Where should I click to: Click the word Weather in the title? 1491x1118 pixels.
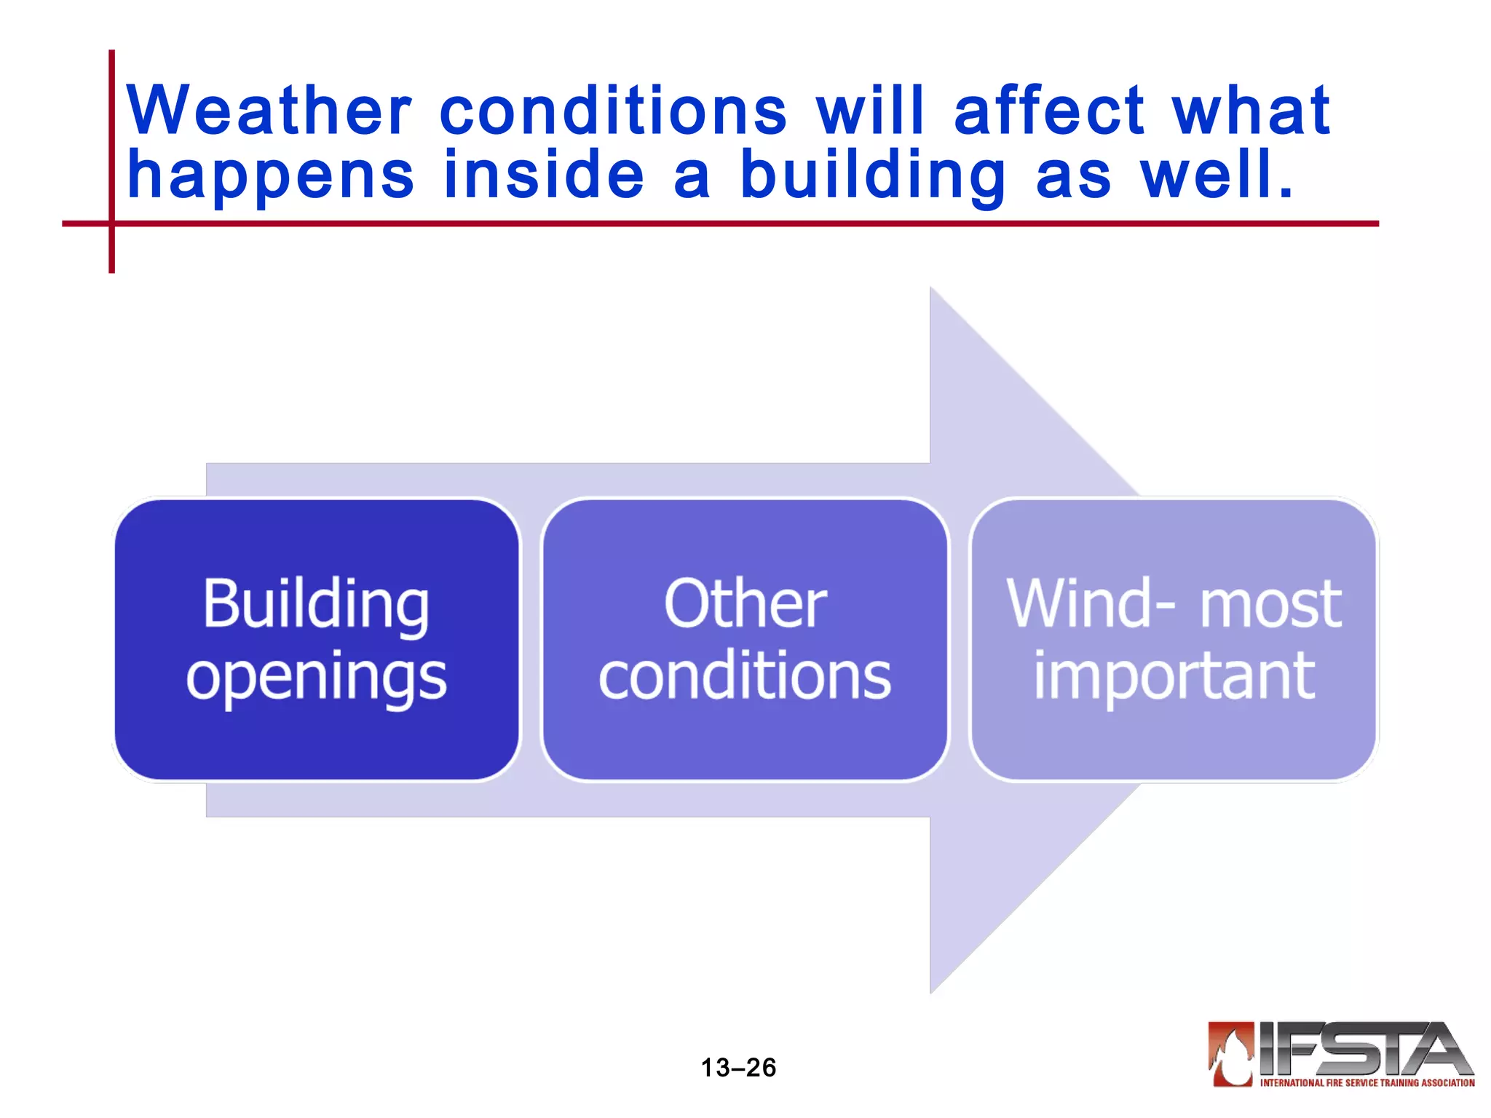tap(269, 111)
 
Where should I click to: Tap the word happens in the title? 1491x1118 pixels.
tap(270, 177)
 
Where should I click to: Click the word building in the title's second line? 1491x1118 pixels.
tap(873, 177)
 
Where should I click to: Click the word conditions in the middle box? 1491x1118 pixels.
tap(745, 677)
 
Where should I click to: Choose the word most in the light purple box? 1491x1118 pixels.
tap(1270, 606)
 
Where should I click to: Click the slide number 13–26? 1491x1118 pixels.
tap(738, 1068)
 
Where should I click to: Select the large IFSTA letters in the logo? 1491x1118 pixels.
tap(1361, 1050)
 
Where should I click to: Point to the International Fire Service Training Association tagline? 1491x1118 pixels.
tap(1367, 1083)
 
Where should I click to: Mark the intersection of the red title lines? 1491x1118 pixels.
tap(111, 223)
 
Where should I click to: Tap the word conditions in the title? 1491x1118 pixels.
tap(613, 111)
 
